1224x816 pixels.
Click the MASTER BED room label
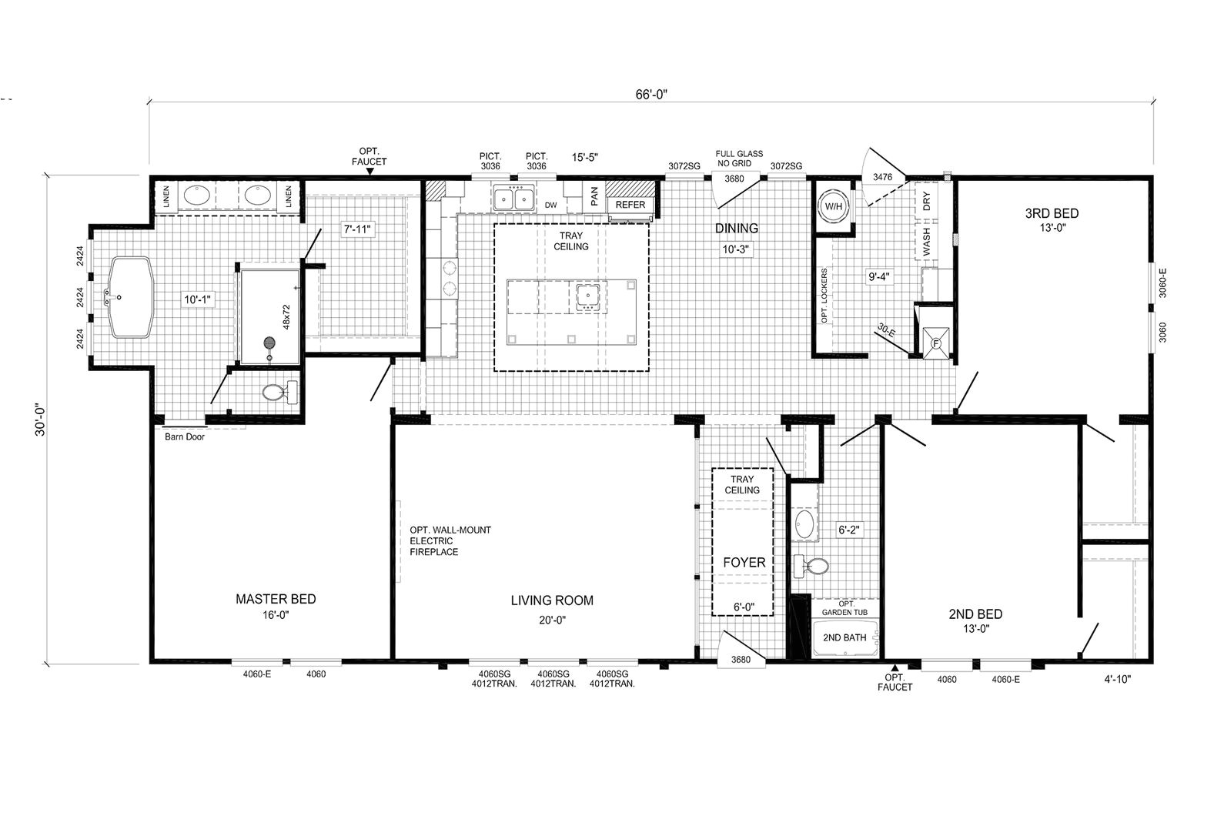pyautogui.click(x=276, y=599)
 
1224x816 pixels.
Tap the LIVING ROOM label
pyautogui.click(x=552, y=600)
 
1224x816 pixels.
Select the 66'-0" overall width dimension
pyautogui.click(x=651, y=95)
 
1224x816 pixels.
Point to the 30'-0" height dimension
pyautogui.click(x=41, y=420)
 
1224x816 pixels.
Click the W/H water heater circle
pyautogui.click(x=833, y=206)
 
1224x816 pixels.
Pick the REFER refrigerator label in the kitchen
pyautogui.click(x=630, y=205)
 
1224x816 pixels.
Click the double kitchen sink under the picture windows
pyautogui.click(x=513, y=198)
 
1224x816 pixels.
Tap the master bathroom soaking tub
pyautogui.click(x=131, y=297)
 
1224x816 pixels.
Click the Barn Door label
pyautogui.click(x=185, y=436)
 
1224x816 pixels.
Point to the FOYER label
pyautogui.click(x=744, y=563)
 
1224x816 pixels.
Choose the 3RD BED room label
pyautogui.click(x=1052, y=214)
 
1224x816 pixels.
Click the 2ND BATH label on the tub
pyautogui.click(x=844, y=637)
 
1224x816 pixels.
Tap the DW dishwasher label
pyautogui.click(x=551, y=205)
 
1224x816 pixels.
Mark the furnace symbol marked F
pyautogui.click(x=936, y=344)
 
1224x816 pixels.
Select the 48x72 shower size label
pyautogui.click(x=286, y=316)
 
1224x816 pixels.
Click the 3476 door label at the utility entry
pyautogui.click(x=882, y=176)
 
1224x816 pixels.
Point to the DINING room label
pyautogui.click(x=737, y=228)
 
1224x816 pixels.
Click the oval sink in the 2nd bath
pyautogui.click(x=804, y=523)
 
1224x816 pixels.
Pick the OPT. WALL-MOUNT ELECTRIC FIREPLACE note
pyautogui.click(x=450, y=541)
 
